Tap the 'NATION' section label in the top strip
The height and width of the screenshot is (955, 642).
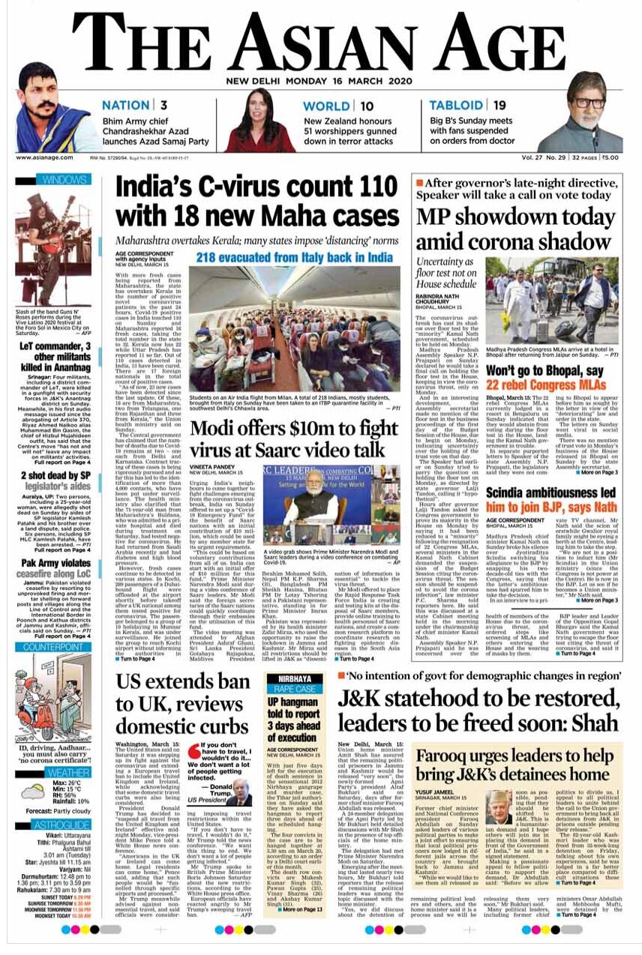coord(126,106)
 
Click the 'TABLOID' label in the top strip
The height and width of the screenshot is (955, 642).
coord(456,106)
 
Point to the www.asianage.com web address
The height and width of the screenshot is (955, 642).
coord(44,157)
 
